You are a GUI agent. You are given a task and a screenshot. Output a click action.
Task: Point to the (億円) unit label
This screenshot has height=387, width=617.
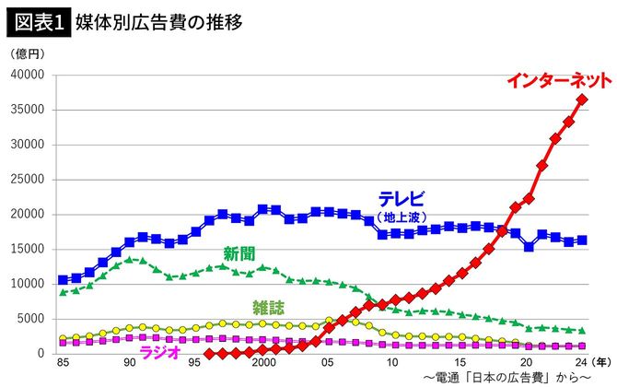29,55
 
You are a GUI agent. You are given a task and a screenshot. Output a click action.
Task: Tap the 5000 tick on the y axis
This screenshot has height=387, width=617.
33,319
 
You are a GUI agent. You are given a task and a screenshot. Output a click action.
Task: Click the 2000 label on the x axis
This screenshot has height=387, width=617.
263,363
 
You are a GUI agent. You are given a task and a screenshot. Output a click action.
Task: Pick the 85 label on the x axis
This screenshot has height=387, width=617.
63,363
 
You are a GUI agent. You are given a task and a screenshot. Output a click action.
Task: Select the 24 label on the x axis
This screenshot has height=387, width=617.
581,363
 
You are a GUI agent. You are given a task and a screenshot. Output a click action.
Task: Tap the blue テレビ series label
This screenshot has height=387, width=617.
402,200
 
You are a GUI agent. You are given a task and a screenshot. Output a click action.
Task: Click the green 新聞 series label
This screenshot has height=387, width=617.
238,252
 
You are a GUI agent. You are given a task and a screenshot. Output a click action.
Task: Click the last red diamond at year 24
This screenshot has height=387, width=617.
582,100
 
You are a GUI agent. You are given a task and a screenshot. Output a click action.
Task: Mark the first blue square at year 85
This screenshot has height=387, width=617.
63,279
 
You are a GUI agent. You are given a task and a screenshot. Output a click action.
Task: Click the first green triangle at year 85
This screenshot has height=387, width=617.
63,292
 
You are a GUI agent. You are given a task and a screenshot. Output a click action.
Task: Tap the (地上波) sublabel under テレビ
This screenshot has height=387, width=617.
404,217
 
